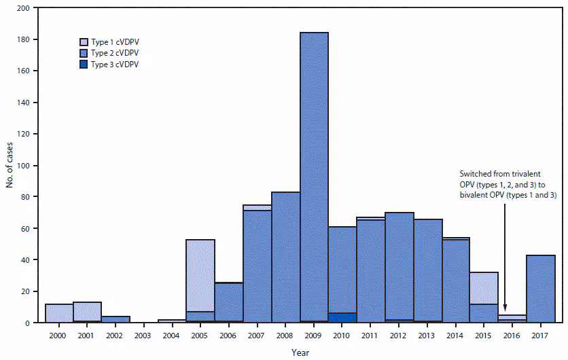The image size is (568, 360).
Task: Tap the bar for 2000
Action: click(x=59, y=313)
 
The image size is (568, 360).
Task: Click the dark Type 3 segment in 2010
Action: click(x=342, y=318)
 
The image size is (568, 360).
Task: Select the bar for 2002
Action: click(x=116, y=319)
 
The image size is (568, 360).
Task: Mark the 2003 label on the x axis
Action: click(x=144, y=335)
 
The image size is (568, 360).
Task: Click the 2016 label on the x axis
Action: click(x=512, y=335)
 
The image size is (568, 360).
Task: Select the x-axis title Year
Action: click(x=300, y=353)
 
